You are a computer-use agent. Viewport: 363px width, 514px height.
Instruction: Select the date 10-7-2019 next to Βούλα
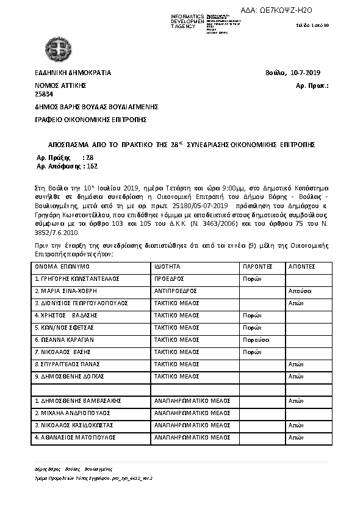310,73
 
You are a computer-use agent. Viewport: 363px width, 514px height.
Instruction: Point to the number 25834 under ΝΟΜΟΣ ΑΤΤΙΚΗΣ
44,94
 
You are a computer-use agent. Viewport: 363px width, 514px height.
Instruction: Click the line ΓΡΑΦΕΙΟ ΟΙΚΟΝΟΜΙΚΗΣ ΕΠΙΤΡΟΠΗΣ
90,120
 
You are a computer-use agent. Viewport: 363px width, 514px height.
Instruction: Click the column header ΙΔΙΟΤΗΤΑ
168,267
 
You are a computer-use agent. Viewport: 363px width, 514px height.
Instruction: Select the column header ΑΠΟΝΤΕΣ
301,267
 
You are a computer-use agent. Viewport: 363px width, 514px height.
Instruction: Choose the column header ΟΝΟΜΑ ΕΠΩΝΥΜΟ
62,267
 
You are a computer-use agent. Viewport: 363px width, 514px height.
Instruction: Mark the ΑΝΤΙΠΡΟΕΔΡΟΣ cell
175,291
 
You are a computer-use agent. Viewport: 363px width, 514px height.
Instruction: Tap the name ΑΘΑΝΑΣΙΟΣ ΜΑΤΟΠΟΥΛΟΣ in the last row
74,437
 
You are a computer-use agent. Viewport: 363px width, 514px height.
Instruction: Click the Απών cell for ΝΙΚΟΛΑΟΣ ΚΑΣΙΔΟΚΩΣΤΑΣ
296,425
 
